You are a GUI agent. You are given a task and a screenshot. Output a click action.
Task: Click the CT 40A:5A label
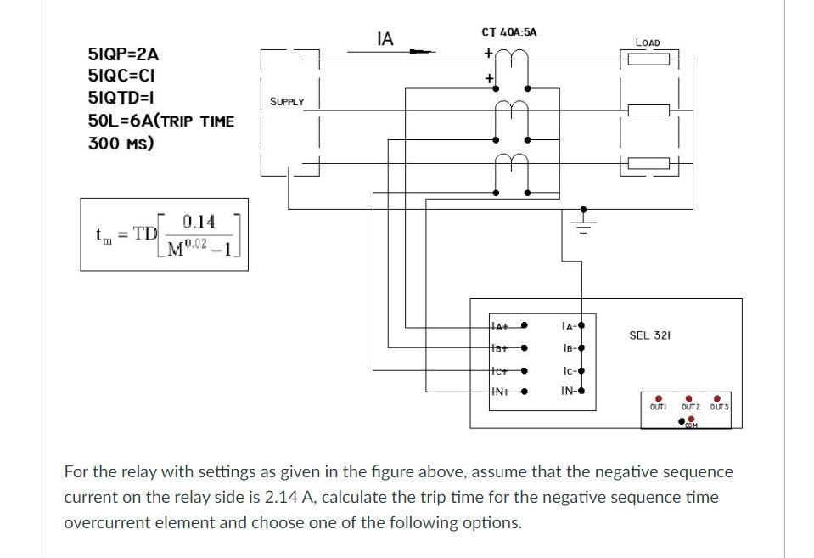pyautogui.click(x=508, y=32)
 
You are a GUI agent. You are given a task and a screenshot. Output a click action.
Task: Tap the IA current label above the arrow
pyautogui.click(x=385, y=38)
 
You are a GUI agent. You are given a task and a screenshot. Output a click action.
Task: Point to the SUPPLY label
pyautogui.click(x=287, y=102)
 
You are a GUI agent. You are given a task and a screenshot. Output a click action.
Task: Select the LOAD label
pyautogui.click(x=648, y=42)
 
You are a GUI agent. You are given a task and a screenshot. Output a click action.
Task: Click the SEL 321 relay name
pyautogui.click(x=649, y=335)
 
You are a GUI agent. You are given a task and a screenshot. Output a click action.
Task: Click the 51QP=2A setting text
pyautogui.click(x=123, y=54)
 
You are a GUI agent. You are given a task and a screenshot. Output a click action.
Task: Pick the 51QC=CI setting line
pyautogui.click(x=121, y=76)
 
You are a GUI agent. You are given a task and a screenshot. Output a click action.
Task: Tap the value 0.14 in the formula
pyautogui.click(x=199, y=222)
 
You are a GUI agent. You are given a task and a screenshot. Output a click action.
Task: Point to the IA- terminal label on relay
pyautogui.click(x=569, y=326)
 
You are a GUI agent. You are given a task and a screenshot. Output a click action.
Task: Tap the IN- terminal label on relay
pyautogui.click(x=569, y=392)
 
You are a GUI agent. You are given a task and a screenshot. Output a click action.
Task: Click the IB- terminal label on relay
pyautogui.click(x=569, y=348)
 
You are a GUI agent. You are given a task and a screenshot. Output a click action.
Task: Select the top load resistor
pyautogui.click(x=648, y=59)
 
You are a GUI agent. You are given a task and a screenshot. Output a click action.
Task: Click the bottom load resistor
pyautogui.click(x=648, y=164)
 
